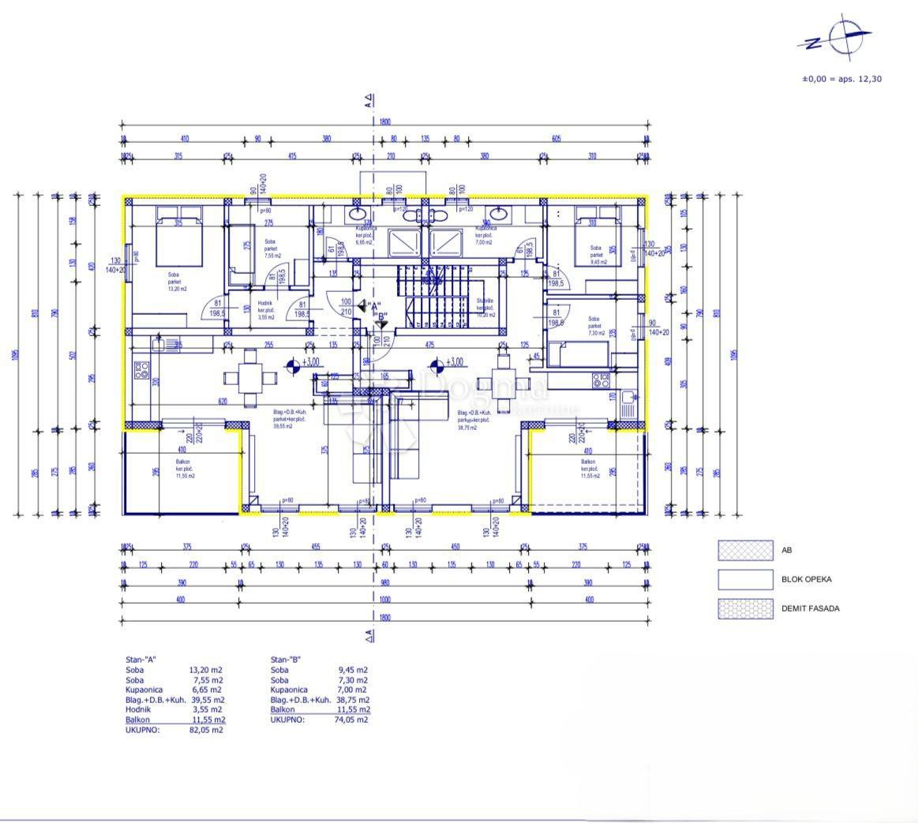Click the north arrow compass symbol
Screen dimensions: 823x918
coord(841,36)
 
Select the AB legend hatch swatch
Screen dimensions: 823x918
coord(744,550)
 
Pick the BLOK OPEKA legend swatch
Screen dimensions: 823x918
coord(744,579)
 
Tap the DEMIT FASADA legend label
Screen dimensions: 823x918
coord(811,608)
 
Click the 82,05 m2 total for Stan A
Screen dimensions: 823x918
coord(206,730)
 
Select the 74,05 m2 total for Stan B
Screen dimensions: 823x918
coord(351,720)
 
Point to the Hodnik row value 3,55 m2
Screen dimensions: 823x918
coord(206,709)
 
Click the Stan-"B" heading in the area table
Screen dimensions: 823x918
coord(286,660)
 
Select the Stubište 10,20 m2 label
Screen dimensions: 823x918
coord(485,308)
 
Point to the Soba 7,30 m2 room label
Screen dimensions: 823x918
coord(595,327)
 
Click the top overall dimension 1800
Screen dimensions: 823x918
coord(384,122)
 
